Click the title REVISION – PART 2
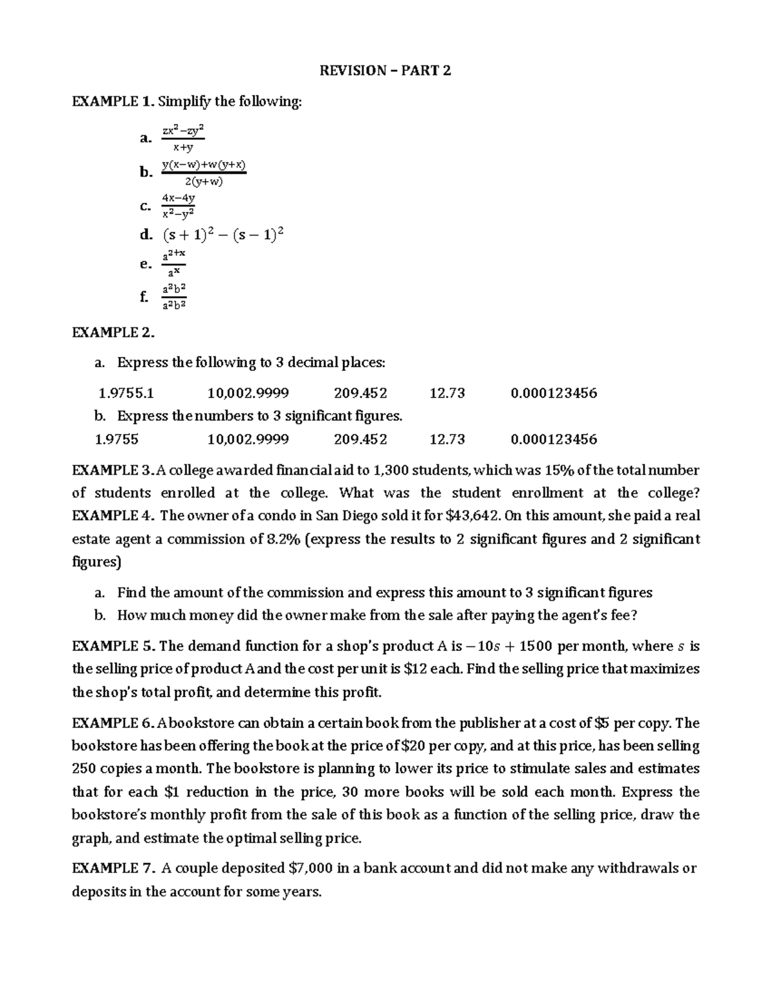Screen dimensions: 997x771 tap(385, 71)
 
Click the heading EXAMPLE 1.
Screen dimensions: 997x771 tap(112, 101)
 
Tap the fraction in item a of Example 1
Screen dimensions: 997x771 tap(182, 138)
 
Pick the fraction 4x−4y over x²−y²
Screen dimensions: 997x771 tap(178, 205)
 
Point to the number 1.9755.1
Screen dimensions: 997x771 tap(126, 393)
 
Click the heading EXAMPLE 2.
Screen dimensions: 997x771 tap(113, 332)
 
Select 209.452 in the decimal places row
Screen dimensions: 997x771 tap(360, 393)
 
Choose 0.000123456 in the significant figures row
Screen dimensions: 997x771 tap(553, 439)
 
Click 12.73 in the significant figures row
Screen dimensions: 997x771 tap(447, 439)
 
